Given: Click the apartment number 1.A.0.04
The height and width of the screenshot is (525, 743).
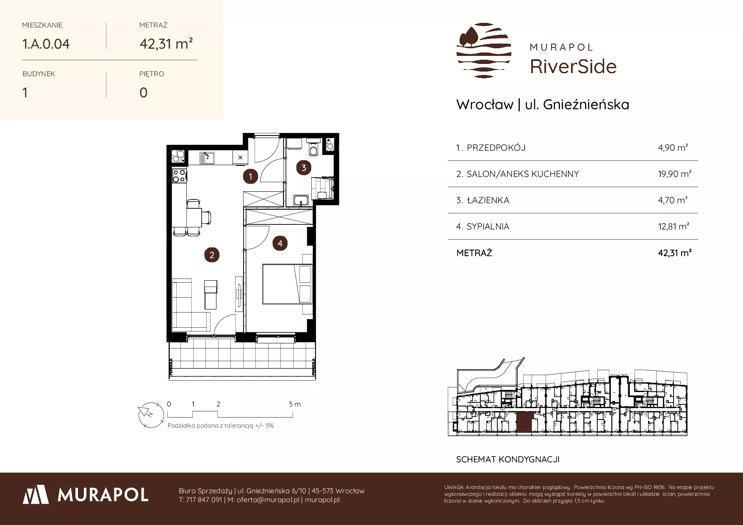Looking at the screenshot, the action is pos(46,44).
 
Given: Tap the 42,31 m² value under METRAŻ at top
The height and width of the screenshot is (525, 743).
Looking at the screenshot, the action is pos(166,44).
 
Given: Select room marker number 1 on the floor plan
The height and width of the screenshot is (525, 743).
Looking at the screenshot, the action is pos(250,176).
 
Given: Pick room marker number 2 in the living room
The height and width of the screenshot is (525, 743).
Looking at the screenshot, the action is pos(212,254).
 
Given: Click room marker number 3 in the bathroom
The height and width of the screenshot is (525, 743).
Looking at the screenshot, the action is pos(304,168).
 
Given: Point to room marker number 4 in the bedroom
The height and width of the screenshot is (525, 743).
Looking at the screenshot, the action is pos(280,243).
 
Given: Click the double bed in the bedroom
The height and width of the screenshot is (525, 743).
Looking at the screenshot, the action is pos(287,284).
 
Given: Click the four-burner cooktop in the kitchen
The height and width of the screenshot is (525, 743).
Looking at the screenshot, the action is pos(179,175).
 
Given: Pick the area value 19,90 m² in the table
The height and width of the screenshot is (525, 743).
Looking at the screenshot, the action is pos(674,174).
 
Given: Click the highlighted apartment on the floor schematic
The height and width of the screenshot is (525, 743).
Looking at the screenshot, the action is pos(523,422).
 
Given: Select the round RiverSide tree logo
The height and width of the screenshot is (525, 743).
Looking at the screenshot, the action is pos(484,50).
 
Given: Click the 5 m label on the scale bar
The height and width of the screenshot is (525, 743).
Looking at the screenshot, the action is pos(295,404).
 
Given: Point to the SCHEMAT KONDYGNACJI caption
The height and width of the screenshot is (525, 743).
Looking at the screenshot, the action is pos(508,459).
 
